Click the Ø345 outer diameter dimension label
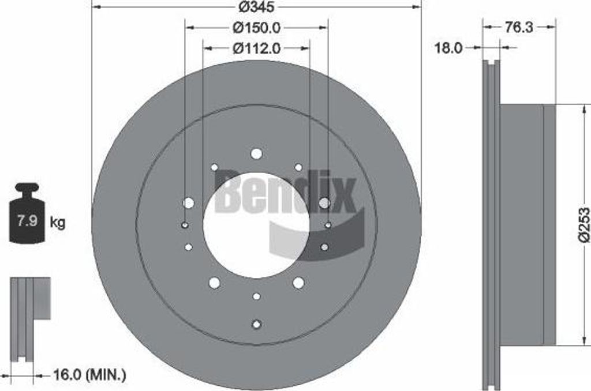256,7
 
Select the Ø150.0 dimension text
256,27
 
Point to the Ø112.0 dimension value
256,49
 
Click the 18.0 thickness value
449,48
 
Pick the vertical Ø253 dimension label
584,225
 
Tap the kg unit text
58,222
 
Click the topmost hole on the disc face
256,153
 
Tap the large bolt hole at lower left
214,283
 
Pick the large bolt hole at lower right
298,283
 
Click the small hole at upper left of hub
214,167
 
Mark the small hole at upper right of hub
298,167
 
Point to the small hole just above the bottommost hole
256,296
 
